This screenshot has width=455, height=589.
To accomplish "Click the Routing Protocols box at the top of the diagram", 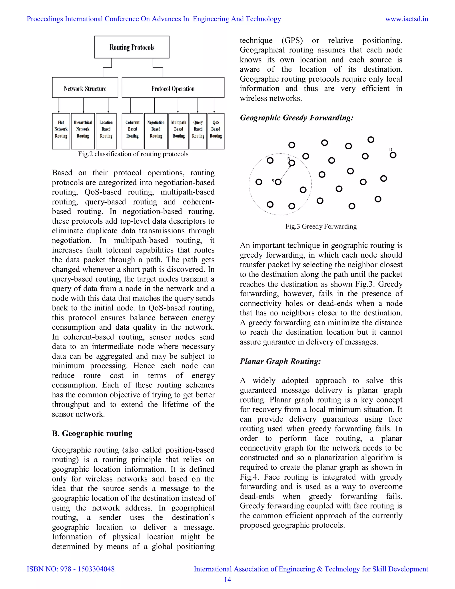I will click(x=132, y=47).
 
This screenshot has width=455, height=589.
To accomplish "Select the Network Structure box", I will click(x=85, y=88).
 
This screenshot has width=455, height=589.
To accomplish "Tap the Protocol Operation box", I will click(x=173, y=88).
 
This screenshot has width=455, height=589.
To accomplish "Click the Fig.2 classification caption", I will click(x=133, y=154).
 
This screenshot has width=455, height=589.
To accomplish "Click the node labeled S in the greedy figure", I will click(x=278, y=182).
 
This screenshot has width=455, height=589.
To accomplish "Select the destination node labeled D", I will click(x=393, y=155).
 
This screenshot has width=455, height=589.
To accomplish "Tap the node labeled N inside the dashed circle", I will click(x=292, y=163).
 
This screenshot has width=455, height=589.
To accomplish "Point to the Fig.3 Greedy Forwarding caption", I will click(x=321, y=226).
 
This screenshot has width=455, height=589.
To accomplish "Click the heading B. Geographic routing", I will click(x=92, y=433).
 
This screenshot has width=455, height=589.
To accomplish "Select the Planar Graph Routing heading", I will click(x=280, y=361).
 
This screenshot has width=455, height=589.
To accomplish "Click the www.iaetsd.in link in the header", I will click(x=407, y=19).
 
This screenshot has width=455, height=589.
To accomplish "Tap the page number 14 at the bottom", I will click(x=227, y=580).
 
